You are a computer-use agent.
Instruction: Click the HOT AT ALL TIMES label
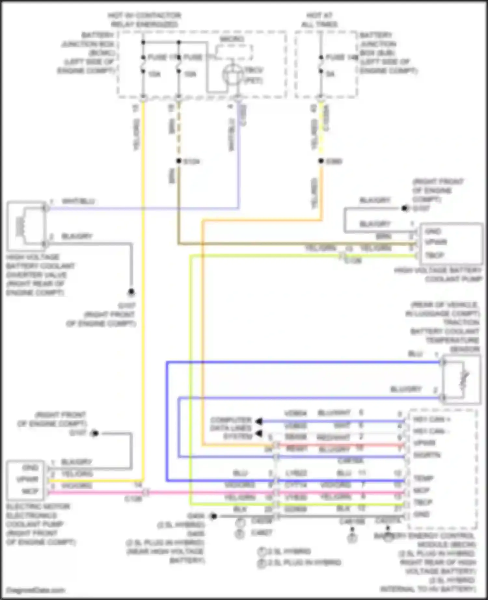pos(319,20)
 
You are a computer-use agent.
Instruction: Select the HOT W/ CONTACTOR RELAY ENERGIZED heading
pos(144,20)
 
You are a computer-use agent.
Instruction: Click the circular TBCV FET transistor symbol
pos(232,75)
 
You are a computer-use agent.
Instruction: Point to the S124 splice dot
pos(178,161)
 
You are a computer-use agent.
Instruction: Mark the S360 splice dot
pos(321,161)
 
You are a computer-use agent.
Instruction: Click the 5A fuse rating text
pos(330,74)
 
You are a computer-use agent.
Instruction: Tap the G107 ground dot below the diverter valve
pos(131,292)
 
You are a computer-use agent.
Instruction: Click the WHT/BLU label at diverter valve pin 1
pos(78,201)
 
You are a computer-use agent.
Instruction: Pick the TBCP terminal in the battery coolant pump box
pos(434,255)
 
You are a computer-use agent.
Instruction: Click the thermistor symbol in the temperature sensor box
pos(464,379)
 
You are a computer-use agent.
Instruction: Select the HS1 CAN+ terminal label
pos(431,419)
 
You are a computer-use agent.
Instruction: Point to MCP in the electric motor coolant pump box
pos(30,491)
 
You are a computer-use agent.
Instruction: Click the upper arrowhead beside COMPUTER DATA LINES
pos(259,421)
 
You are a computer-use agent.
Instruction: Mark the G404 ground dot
pos(213,516)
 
